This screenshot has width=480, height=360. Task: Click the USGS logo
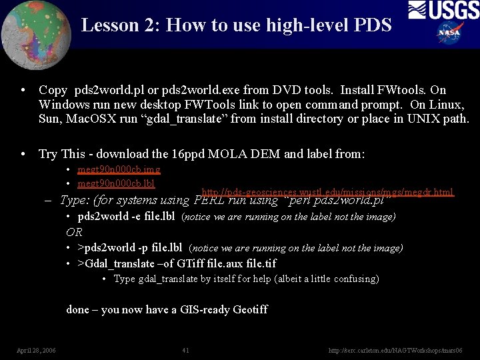[443, 10]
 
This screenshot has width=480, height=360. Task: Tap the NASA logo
[450, 32]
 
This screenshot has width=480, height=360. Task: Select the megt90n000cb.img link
[119, 170]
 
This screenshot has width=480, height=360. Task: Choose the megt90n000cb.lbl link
[116, 183]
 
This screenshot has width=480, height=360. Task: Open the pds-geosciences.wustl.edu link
[327, 192]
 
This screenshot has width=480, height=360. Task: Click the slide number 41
[185, 350]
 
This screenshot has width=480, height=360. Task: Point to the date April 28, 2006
[36, 350]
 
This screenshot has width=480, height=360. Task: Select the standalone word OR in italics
[74, 232]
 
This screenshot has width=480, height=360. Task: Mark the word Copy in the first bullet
[53, 90]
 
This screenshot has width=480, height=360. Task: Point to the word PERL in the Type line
[210, 200]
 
